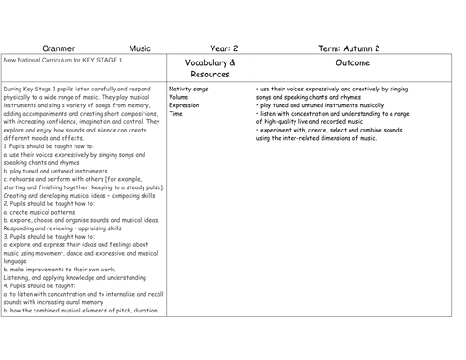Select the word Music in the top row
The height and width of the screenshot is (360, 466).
(x=140, y=45)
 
